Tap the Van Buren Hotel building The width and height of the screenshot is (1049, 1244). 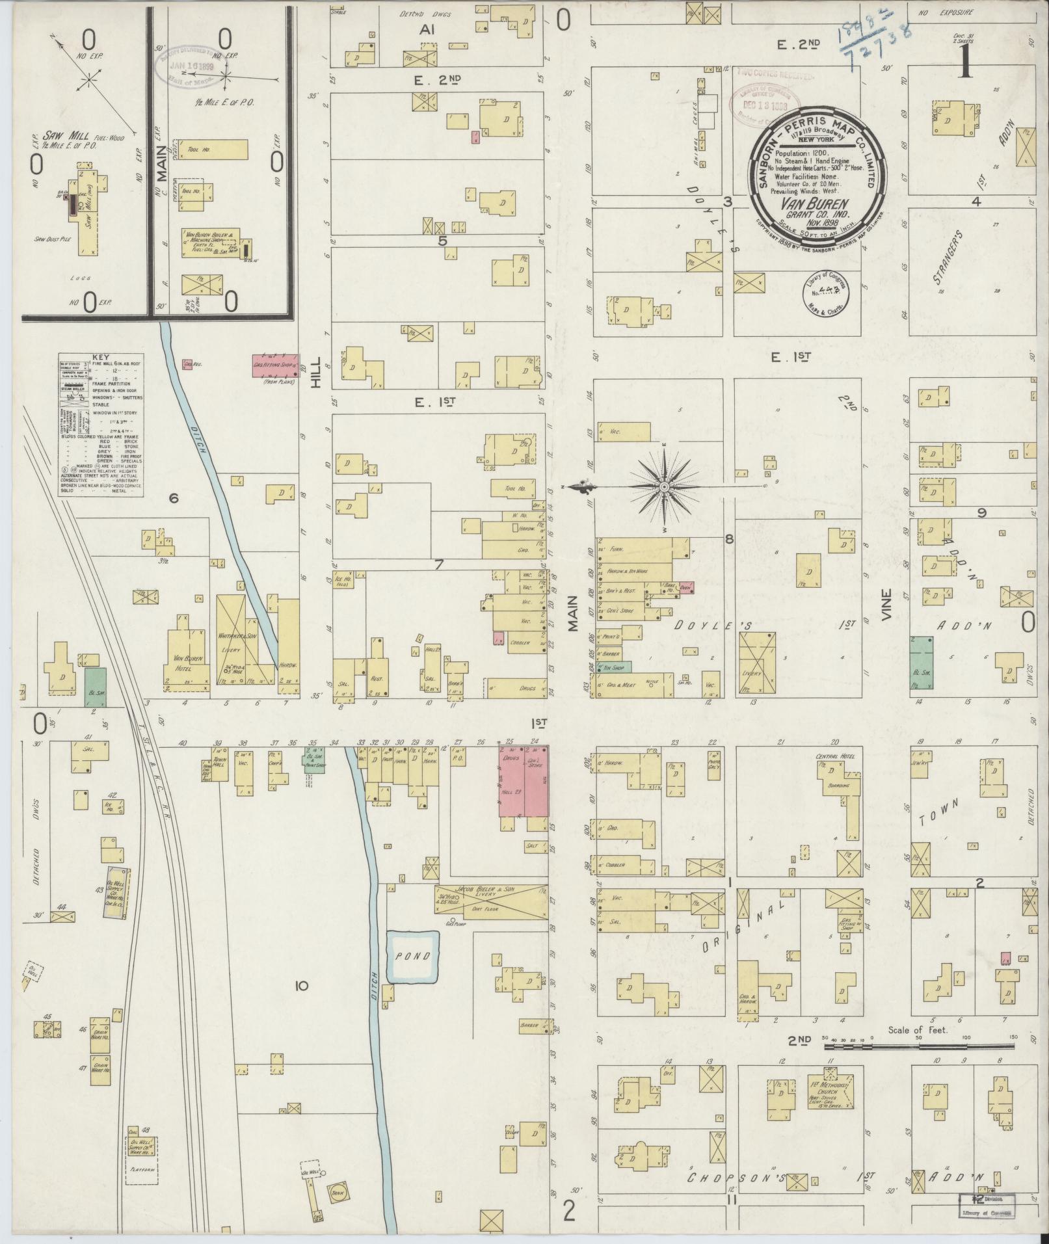[187, 657]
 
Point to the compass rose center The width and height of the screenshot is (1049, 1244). [664, 486]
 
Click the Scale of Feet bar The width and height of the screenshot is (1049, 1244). [919, 1046]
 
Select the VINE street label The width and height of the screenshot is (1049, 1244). [886, 604]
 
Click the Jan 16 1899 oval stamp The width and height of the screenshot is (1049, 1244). [193, 67]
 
